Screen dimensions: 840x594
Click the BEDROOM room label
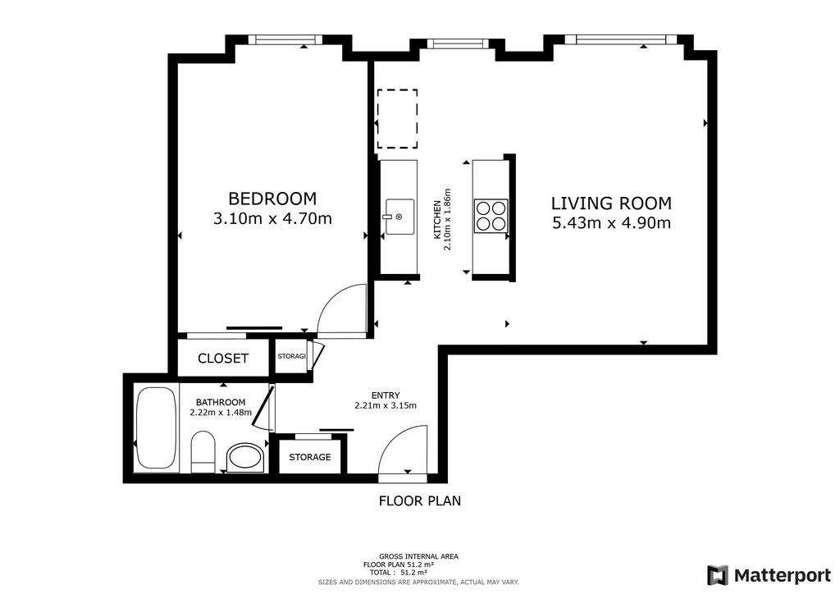272,199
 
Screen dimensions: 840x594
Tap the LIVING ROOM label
611,203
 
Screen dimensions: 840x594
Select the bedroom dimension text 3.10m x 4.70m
272,218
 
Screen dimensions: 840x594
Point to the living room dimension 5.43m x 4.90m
611,222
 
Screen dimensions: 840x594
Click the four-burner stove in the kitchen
491,216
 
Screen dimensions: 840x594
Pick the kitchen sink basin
399,217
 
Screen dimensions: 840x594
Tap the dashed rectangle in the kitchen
397,119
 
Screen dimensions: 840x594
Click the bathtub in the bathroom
156,428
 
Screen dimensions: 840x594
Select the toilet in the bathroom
203,451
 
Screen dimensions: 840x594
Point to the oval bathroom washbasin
246,458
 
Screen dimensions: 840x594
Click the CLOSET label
223,359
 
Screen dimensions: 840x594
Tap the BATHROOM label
220,402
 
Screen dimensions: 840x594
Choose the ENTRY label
386,395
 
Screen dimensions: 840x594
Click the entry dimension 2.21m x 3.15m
386,405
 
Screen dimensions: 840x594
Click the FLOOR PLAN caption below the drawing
420,500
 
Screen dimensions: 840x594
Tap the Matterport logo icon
717,575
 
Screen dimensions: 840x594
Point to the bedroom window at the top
285,39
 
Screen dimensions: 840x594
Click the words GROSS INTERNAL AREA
418,556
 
